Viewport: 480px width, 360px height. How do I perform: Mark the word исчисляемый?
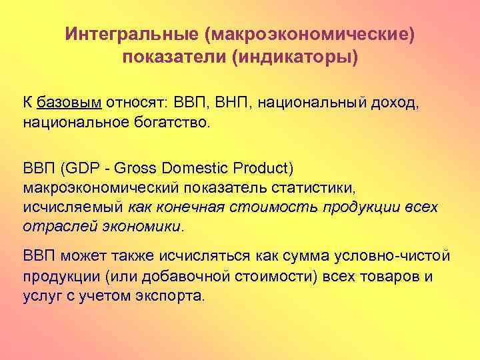73,207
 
